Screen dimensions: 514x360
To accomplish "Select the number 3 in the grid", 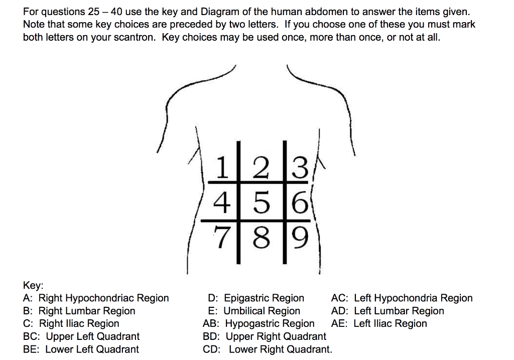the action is pos(299,169).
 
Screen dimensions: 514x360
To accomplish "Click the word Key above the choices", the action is pos(33,285).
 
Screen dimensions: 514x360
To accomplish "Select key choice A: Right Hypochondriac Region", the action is pos(96,298).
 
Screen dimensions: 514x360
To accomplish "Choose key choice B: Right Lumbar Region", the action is pos(79,311).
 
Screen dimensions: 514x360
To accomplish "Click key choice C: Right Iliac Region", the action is pos(71,324).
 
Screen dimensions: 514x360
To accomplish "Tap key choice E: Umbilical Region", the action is pos(254,311).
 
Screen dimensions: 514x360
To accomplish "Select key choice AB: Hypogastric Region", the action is pos(259,324).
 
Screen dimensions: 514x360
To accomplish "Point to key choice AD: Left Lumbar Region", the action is pos(388,311).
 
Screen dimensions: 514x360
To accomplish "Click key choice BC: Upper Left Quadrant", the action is pos(81,336).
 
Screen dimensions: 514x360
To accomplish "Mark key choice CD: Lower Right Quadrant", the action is pos(268,349).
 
